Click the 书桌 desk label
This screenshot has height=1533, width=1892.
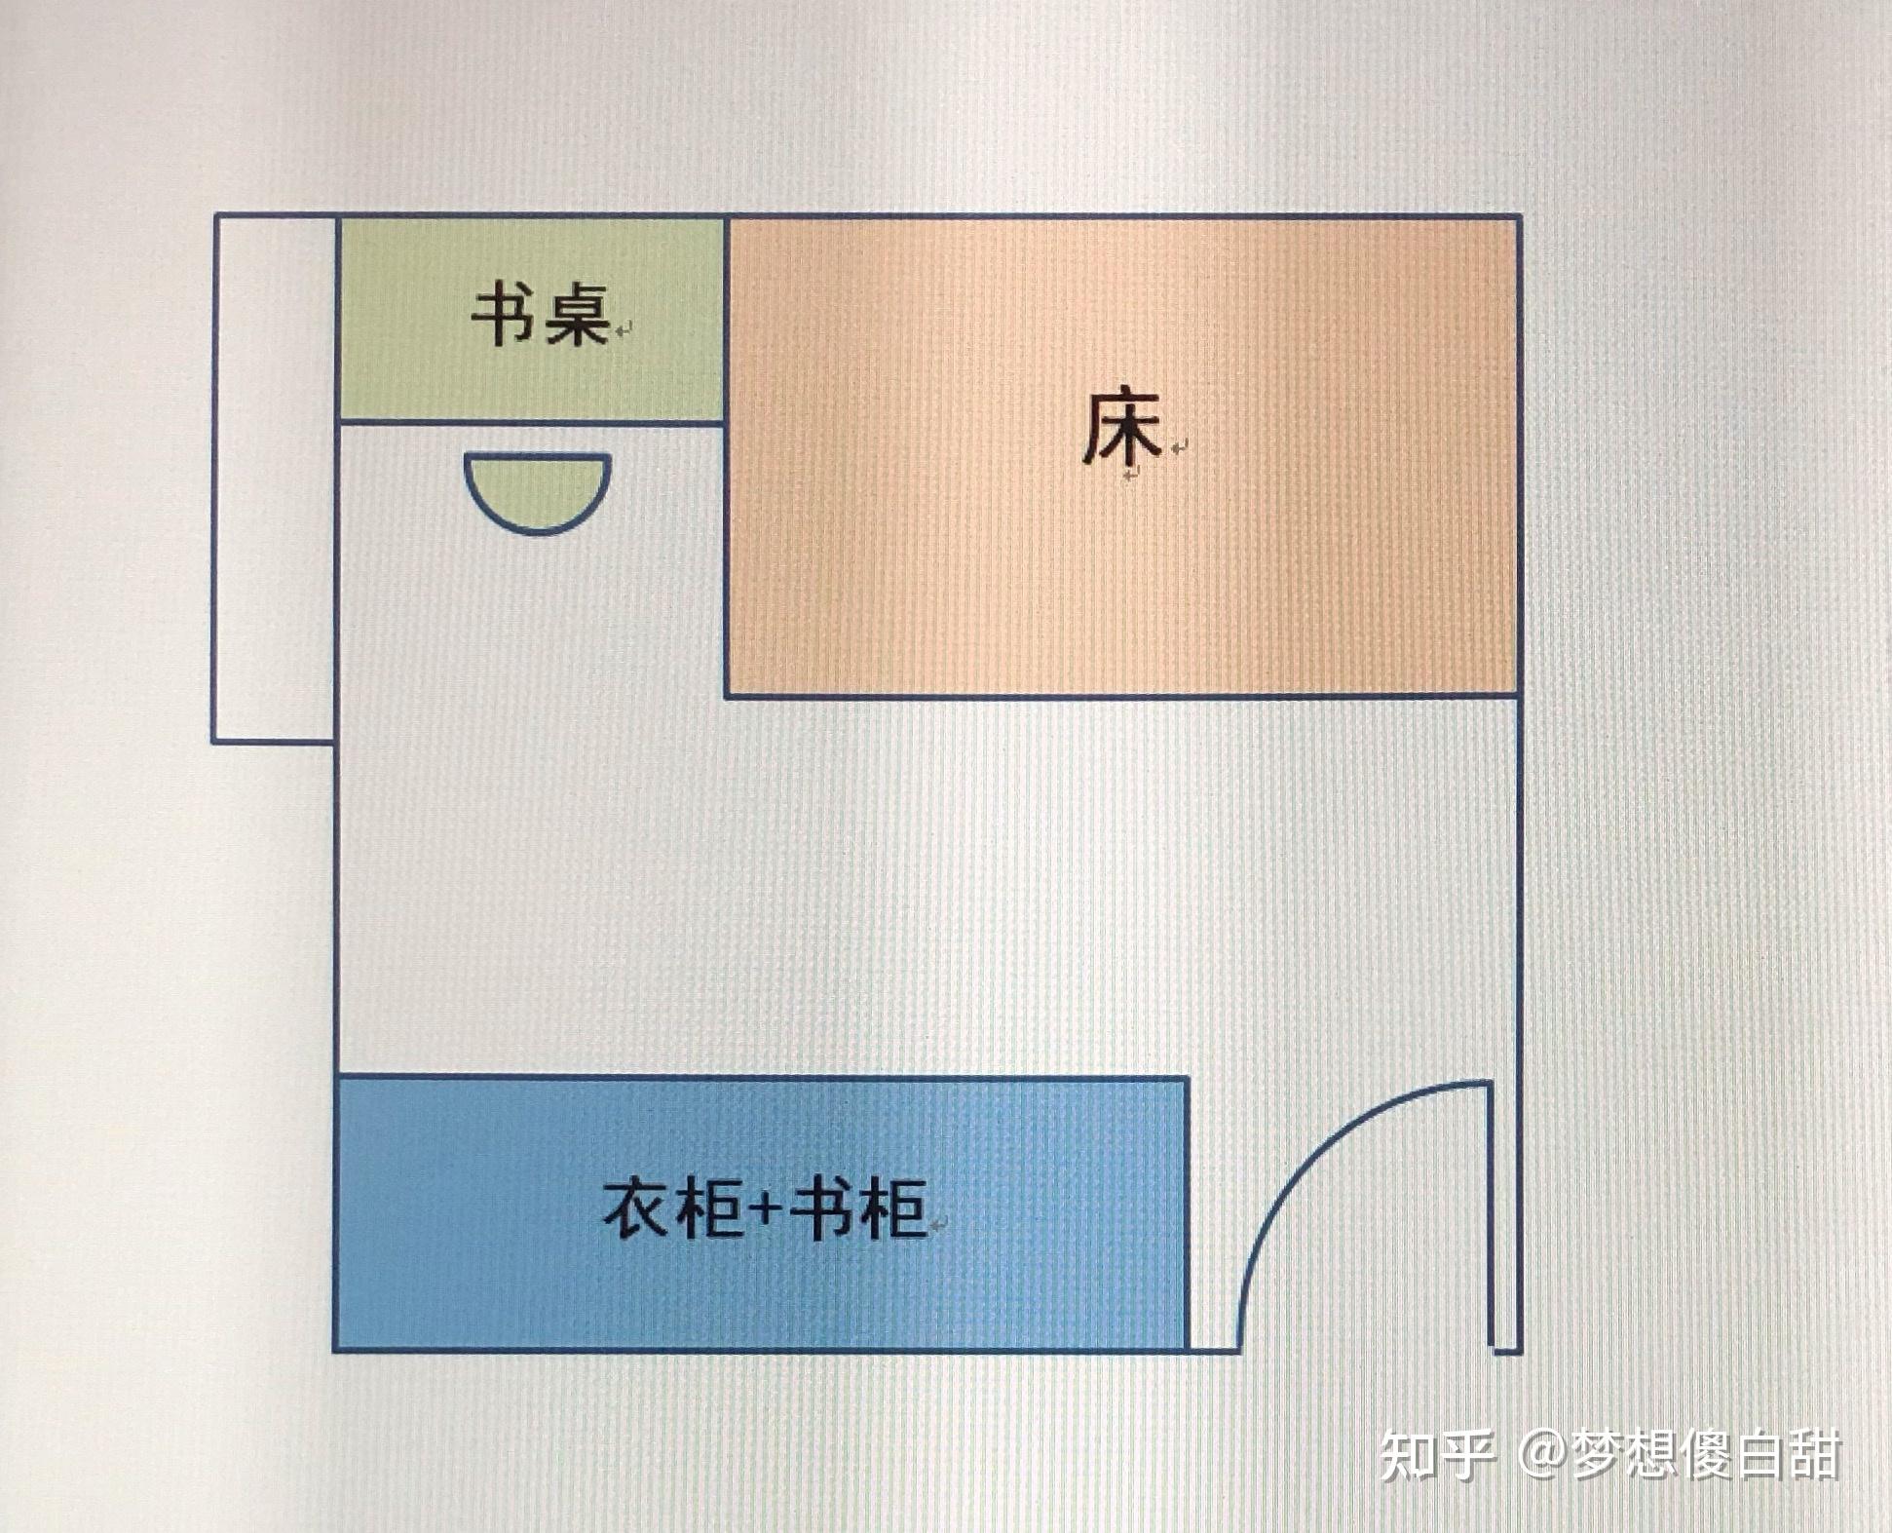541,315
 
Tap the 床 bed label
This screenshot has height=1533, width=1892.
1121,430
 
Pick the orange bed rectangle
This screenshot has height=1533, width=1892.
1120,585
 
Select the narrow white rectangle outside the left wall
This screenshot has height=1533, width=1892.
275,478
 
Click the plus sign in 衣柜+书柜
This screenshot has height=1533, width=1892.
766,1211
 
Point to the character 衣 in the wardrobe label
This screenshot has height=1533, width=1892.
634,1210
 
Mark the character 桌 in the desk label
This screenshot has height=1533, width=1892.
577,315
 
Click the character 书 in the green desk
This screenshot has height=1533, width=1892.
503,315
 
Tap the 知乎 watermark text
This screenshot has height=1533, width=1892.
1438,1456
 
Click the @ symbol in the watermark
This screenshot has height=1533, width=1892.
1542,1456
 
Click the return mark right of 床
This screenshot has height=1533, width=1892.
1179,448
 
